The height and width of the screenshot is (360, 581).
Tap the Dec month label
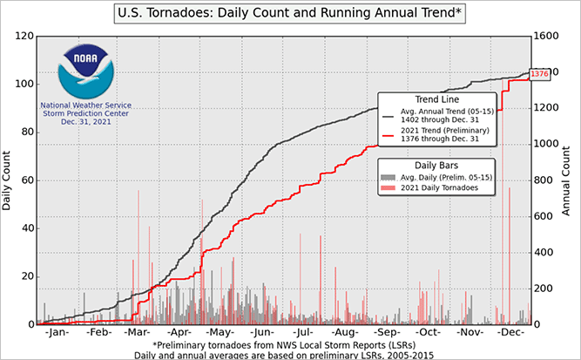click(x=510, y=333)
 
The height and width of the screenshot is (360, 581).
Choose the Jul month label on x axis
click(x=304, y=333)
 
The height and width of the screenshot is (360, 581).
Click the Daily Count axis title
click(x=8, y=180)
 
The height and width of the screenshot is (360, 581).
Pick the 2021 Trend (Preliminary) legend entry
click(x=453, y=135)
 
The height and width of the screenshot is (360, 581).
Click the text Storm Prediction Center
click(x=84, y=113)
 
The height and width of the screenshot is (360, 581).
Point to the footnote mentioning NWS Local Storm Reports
click(x=290, y=345)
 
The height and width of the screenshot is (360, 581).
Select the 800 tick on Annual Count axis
click(x=546, y=180)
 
